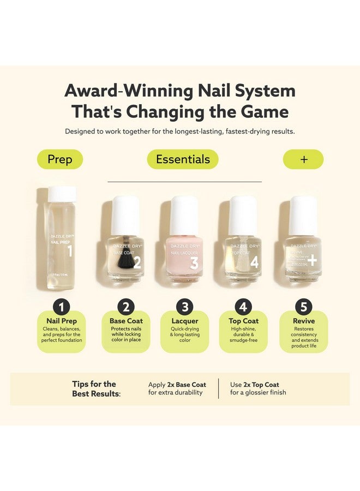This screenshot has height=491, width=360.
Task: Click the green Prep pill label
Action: point(60,159)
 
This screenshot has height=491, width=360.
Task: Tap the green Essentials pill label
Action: point(183,159)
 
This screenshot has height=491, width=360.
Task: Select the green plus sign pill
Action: point(304,159)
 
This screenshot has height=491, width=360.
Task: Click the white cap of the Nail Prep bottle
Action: point(63,194)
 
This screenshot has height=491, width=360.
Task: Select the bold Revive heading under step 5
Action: point(303,321)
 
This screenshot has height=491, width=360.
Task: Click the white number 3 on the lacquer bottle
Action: point(194,262)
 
